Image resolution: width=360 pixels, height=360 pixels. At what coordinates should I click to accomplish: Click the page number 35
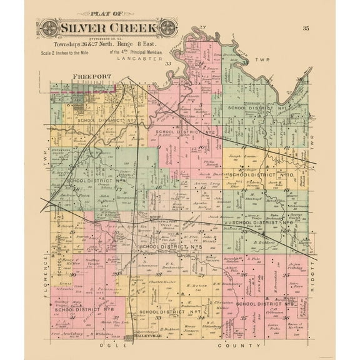point(305,28)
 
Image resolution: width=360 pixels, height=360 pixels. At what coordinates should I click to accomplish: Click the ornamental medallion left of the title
point(48,28)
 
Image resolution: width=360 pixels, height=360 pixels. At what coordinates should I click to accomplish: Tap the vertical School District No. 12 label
point(57,231)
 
